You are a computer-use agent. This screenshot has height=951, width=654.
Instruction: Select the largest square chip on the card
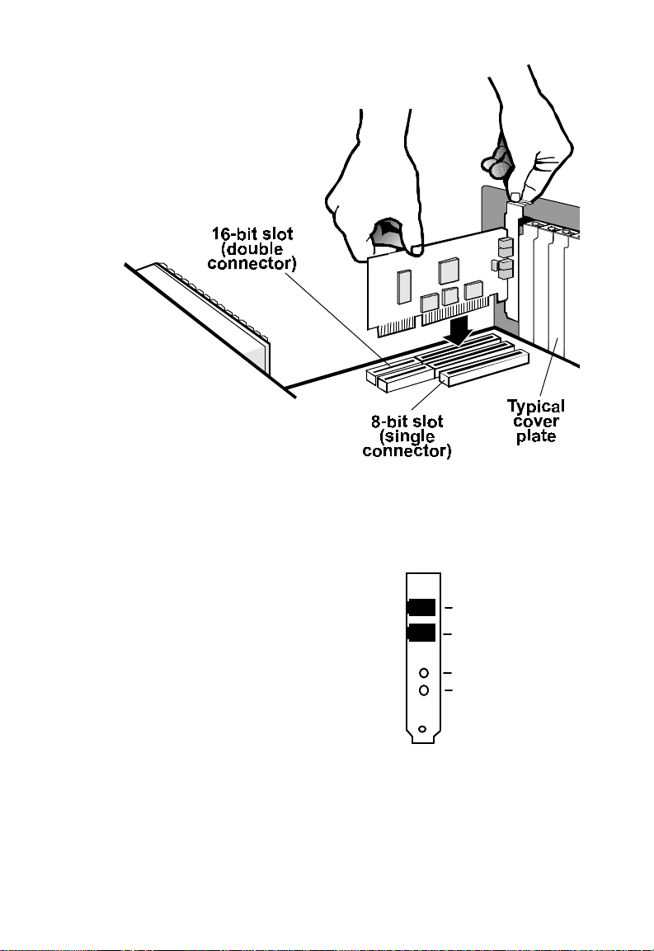point(449,270)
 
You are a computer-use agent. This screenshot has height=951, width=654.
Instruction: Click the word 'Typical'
point(536,407)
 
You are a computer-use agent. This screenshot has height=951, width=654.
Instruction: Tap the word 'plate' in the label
point(536,436)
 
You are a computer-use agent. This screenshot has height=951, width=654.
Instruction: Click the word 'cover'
point(536,422)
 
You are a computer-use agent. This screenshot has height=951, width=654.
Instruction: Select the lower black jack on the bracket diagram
point(421,633)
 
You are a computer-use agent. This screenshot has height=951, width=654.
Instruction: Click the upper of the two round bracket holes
point(424,674)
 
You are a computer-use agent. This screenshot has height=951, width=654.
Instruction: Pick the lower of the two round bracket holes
point(424,690)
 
